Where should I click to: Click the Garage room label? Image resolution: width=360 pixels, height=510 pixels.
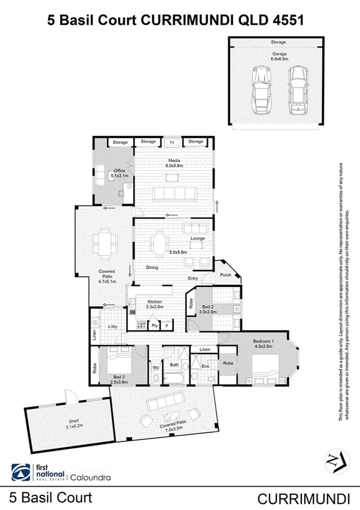tap(279, 54)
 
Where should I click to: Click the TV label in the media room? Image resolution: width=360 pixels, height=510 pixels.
tap(172, 142)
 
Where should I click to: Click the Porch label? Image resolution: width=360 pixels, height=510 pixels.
tap(226, 275)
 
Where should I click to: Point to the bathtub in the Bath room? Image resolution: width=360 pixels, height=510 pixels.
tap(175, 378)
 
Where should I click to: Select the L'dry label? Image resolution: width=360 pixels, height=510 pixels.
tap(112, 327)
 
